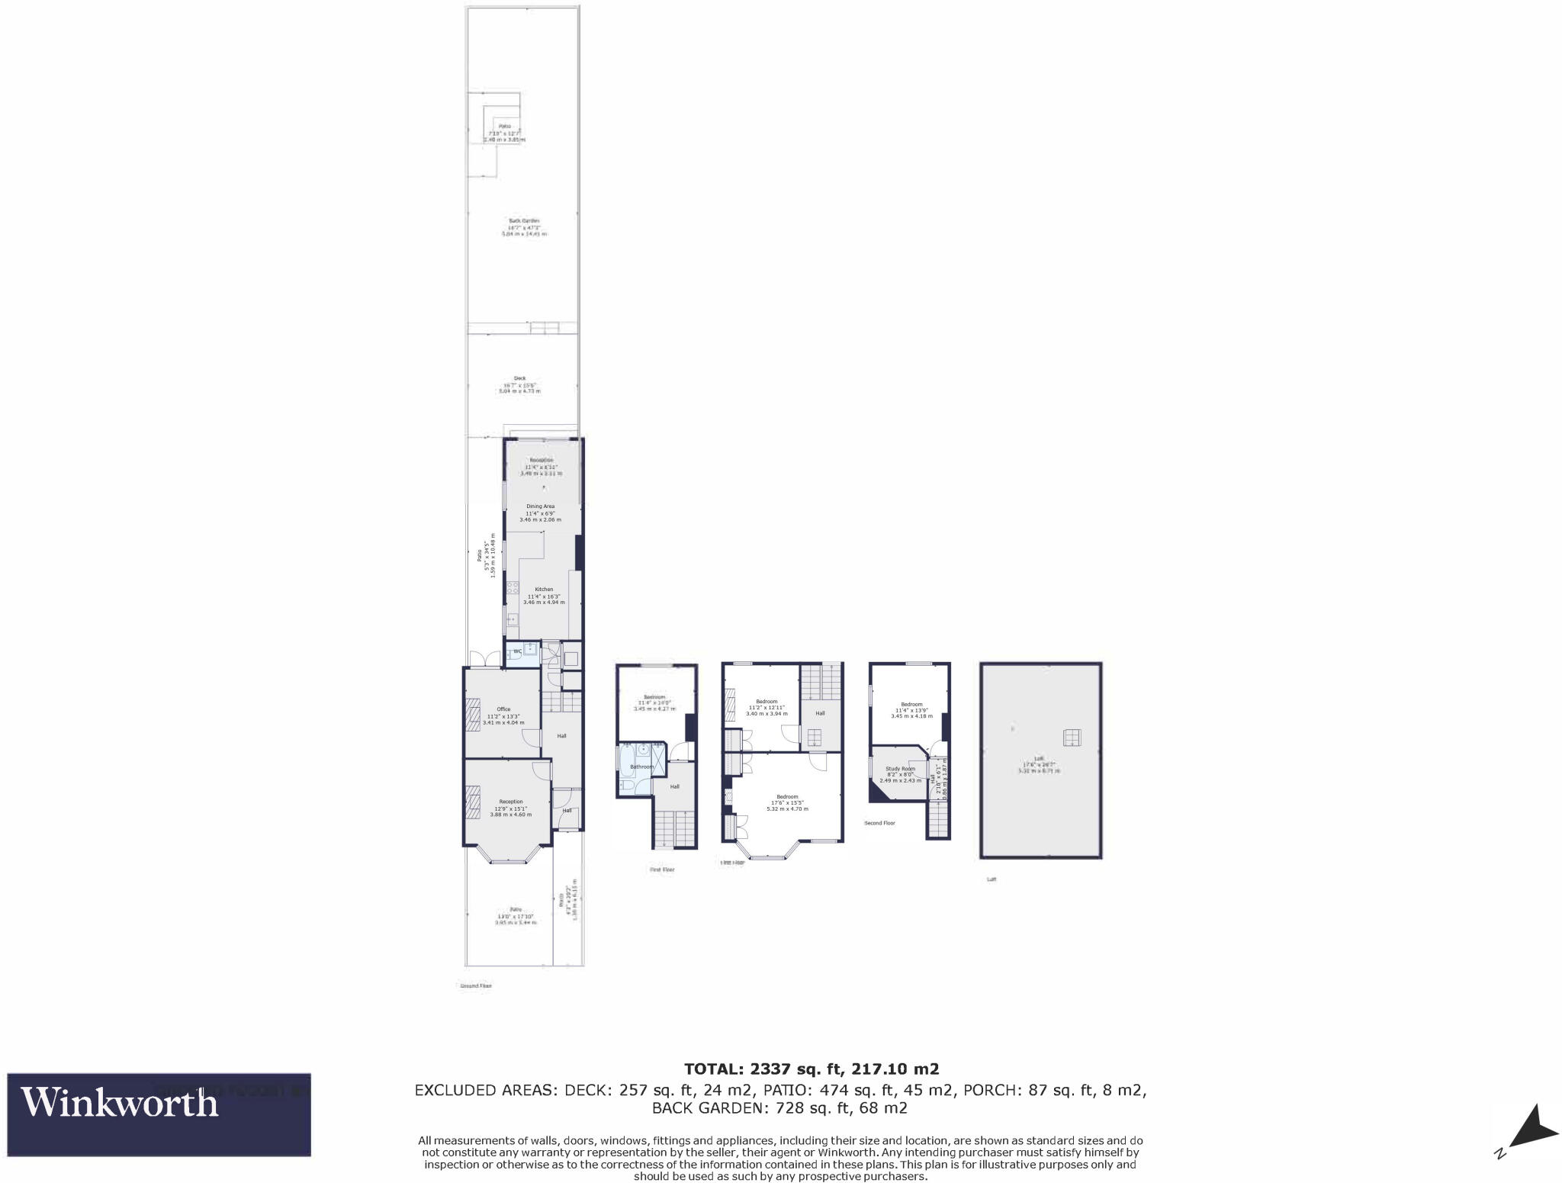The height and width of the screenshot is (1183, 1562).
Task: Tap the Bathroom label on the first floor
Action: click(x=641, y=767)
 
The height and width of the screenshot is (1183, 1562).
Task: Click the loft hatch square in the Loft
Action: click(x=1072, y=737)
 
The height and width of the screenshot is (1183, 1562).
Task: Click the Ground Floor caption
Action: click(x=475, y=985)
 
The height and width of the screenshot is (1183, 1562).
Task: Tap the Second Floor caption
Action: click(x=879, y=823)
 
